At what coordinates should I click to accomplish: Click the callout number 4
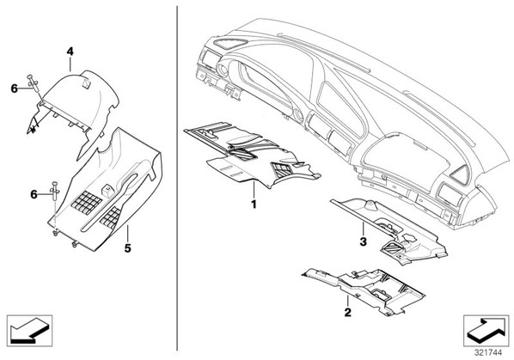[x=70, y=52]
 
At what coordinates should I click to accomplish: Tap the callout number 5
[x=127, y=248]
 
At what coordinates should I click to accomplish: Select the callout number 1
[x=254, y=204]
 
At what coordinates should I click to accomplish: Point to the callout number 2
[x=347, y=312]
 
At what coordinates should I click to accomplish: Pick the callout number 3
[x=363, y=242]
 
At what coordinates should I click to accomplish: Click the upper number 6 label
[x=15, y=88]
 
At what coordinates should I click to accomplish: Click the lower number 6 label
[x=34, y=194]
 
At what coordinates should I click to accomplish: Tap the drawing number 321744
[x=488, y=352]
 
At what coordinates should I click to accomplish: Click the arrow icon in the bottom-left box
[x=29, y=330]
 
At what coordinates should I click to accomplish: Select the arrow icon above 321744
[x=486, y=330]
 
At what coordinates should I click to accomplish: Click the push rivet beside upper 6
[x=34, y=82]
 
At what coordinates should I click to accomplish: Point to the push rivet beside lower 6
[x=54, y=191]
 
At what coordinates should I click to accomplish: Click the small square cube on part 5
[x=107, y=190]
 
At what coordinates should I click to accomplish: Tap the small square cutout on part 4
[x=87, y=83]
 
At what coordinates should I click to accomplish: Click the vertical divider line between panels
[x=177, y=178]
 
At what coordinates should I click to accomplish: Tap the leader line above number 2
[x=347, y=301]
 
